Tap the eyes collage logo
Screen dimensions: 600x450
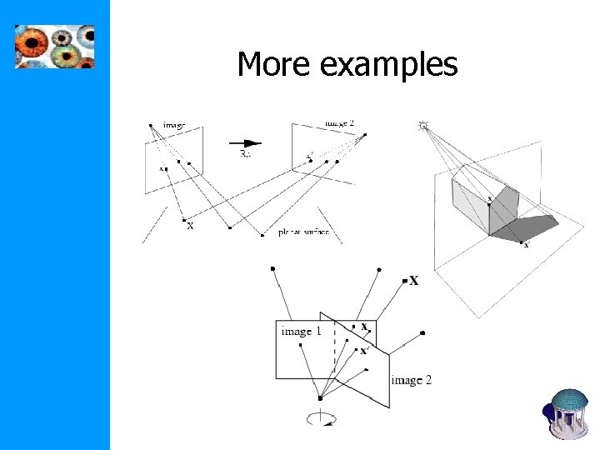coord(55,46)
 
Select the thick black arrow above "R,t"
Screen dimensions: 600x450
coord(248,142)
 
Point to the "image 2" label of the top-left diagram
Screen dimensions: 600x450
coord(339,123)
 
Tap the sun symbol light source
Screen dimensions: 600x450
coord(422,126)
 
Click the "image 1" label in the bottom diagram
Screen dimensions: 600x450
coord(301,332)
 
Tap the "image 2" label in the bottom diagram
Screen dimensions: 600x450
coord(411,380)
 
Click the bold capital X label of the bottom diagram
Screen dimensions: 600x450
coord(414,281)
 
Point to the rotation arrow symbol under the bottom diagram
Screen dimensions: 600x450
coord(321,417)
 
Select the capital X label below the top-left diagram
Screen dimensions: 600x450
coord(190,226)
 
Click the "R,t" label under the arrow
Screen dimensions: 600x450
coord(247,154)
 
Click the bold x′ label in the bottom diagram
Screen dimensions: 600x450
coord(363,351)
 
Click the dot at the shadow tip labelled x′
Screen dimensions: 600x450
coord(522,242)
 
